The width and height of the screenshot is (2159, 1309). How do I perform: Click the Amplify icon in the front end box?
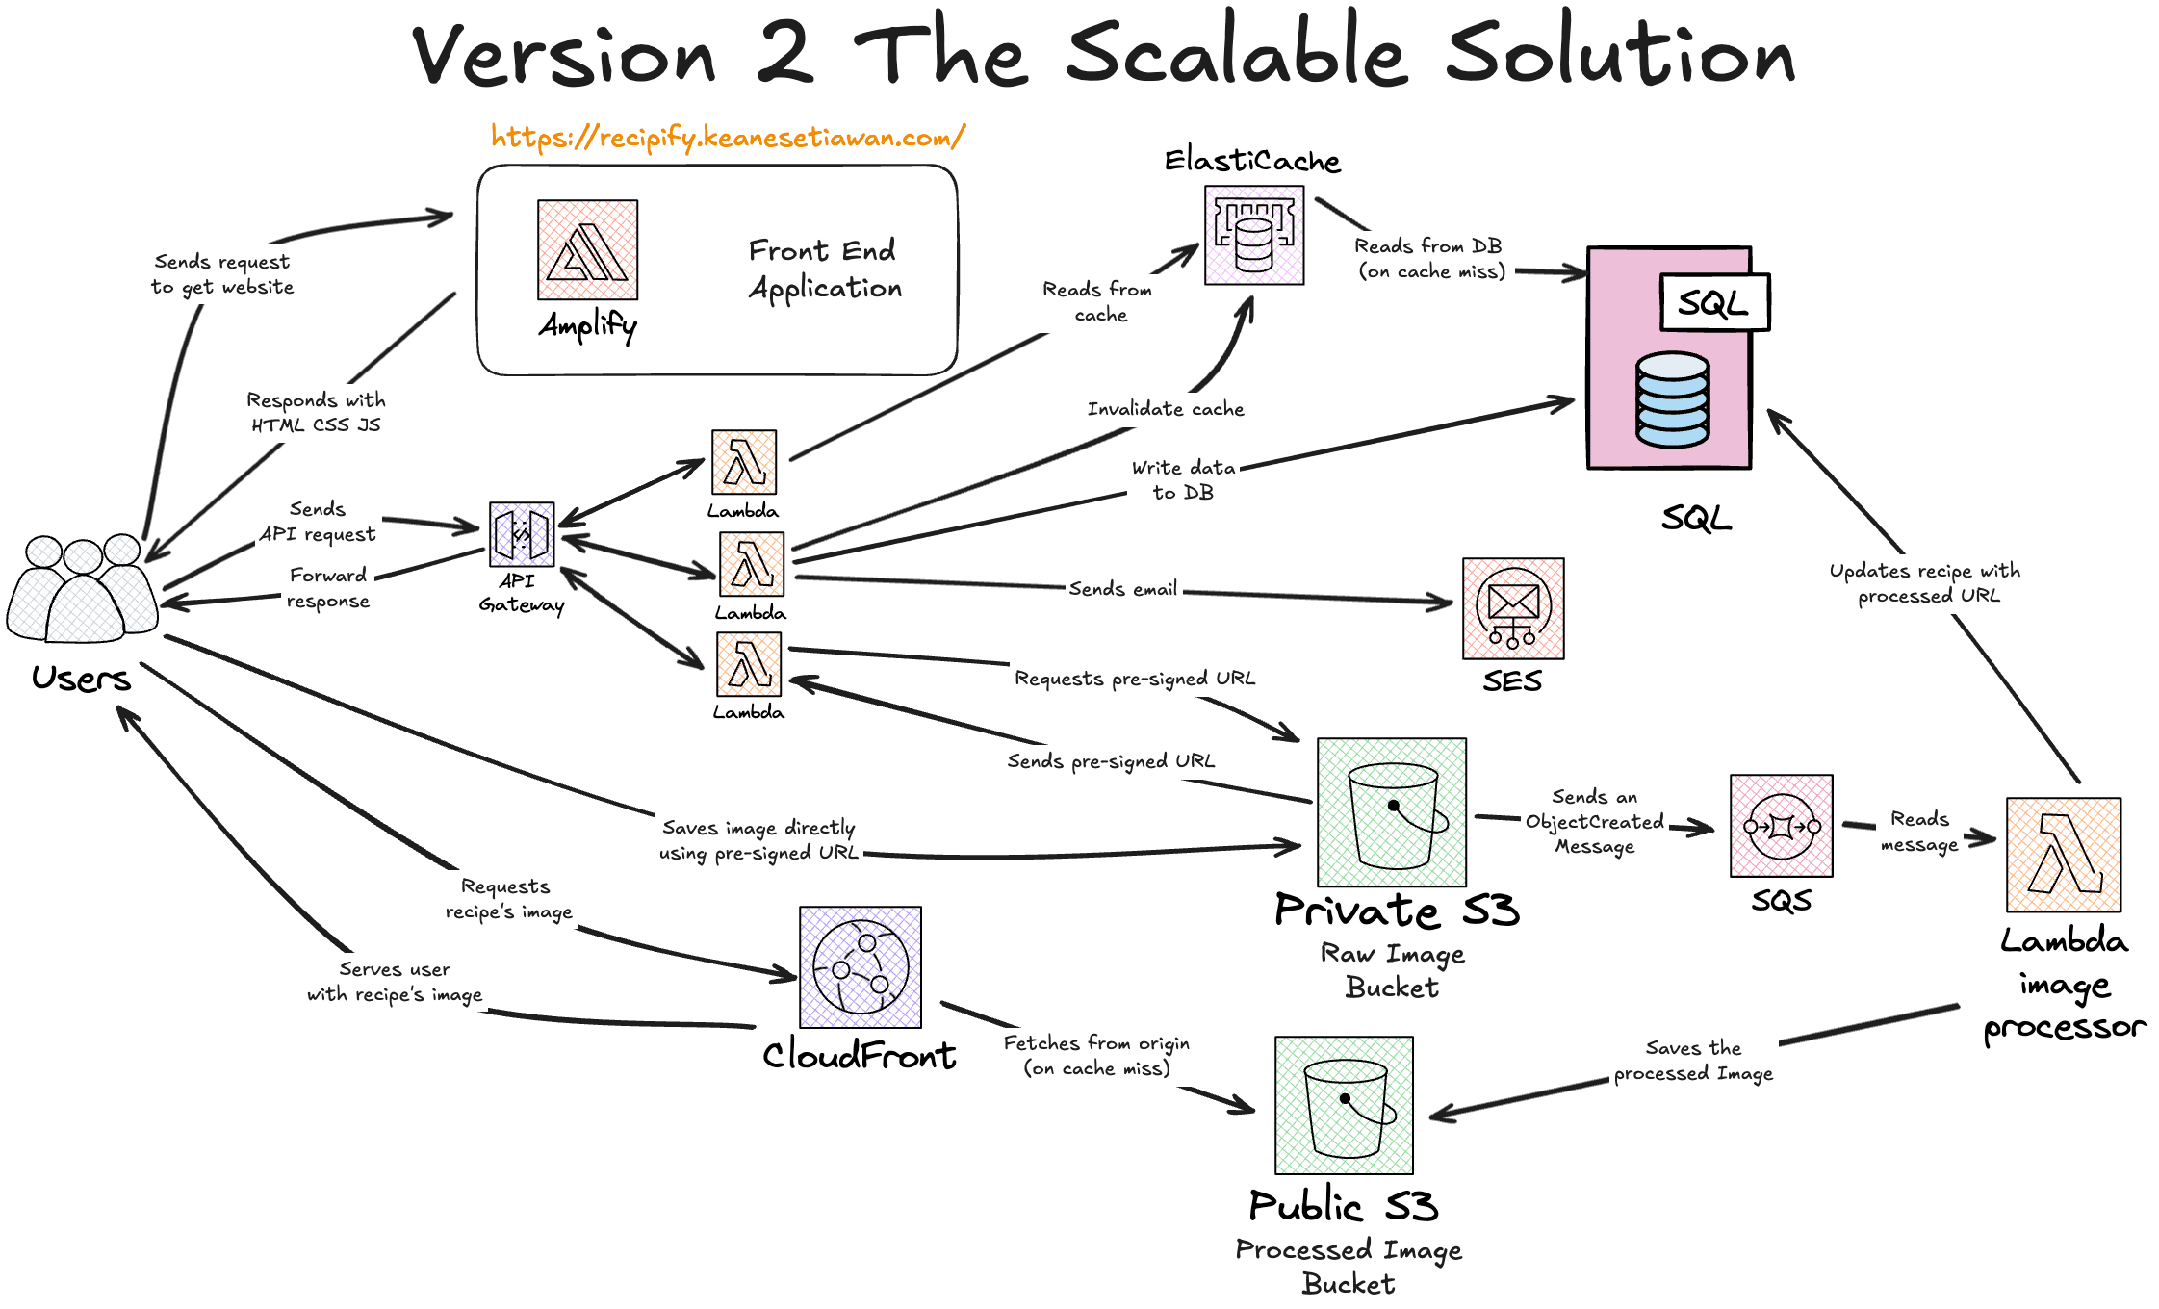point(587,249)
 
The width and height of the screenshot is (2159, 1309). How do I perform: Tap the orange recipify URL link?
point(728,138)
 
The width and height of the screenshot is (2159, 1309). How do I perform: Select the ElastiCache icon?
point(1254,235)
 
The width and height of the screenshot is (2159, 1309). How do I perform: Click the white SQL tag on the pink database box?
point(1714,303)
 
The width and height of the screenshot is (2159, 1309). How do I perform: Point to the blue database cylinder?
point(1673,399)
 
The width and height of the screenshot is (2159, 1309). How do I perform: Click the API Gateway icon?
point(522,534)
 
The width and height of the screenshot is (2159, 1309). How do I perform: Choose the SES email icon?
point(1513,608)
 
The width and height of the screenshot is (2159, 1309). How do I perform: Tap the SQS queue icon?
point(1781,826)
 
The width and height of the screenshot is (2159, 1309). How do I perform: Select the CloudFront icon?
point(861,967)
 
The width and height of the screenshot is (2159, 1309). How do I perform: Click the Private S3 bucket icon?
point(1392,812)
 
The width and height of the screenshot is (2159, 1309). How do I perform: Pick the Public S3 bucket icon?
point(1344,1105)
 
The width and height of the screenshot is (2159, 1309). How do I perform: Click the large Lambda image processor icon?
point(2064,855)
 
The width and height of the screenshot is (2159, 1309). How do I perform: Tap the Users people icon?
point(83,589)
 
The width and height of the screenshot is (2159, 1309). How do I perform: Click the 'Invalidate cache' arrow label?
point(1166,409)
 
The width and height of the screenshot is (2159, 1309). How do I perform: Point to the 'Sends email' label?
point(1122,589)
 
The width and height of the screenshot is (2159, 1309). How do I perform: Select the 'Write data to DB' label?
point(1183,479)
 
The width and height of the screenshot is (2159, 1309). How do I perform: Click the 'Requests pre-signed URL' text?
point(1135,679)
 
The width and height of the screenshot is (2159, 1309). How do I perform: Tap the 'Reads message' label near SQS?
point(1919,832)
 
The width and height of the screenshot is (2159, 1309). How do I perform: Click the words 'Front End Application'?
point(824,269)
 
